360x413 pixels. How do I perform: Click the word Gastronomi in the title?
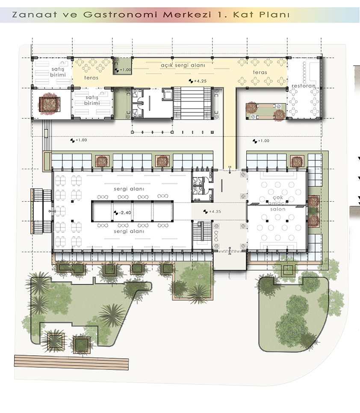(x=120, y=15)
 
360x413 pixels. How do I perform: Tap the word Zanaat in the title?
(x=35, y=15)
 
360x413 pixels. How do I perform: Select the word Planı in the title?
(x=274, y=15)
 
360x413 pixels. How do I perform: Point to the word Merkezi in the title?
(x=187, y=15)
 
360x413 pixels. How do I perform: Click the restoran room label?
(x=304, y=86)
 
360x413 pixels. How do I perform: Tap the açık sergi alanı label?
(x=183, y=65)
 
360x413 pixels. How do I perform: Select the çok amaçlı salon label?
(x=278, y=203)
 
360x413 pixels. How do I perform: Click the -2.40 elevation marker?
(x=122, y=212)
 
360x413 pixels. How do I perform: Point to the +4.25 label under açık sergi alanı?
(x=198, y=81)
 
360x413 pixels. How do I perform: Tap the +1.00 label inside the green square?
(x=123, y=70)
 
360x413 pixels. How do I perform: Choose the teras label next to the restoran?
(x=260, y=72)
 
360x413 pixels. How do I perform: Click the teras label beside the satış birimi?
(x=91, y=78)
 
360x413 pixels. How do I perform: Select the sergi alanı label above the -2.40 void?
(x=129, y=189)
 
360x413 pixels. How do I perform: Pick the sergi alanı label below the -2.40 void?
(x=129, y=231)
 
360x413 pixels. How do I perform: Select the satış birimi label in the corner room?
(x=58, y=72)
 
